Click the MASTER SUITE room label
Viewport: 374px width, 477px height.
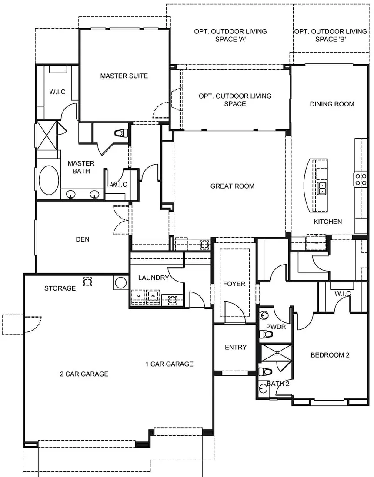click(x=124, y=76)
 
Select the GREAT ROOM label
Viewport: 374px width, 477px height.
click(x=232, y=186)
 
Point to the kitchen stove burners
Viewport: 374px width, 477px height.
click(x=361, y=179)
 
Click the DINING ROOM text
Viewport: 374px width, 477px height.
click(x=332, y=104)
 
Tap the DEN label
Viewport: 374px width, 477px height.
click(x=83, y=239)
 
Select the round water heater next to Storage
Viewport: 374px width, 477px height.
click(x=120, y=283)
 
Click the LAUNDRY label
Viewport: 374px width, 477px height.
click(x=153, y=278)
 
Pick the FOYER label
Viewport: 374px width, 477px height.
click(x=234, y=284)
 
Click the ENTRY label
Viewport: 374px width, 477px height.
click(x=235, y=347)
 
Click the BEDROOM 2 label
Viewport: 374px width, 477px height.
click(x=330, y=355)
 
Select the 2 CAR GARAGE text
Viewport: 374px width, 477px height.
click(x=84, y=374)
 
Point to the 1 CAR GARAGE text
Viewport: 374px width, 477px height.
click(x=169, y=364)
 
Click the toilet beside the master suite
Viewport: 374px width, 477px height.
click(x=120, y=133)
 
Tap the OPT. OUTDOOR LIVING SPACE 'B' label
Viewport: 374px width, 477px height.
click(x=331, y=35)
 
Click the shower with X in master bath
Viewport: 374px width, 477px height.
click(x=47, y=136)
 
